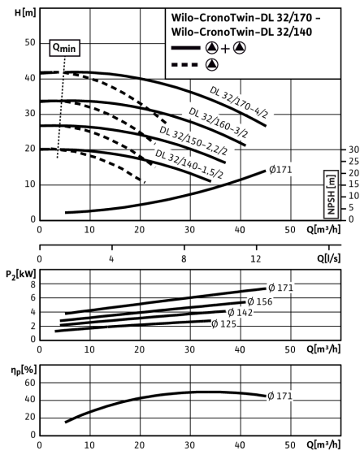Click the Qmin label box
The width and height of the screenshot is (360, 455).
click(64, 48)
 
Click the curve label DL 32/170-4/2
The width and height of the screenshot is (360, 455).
click(238, 102)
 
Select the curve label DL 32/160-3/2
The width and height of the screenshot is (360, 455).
click(219, 123)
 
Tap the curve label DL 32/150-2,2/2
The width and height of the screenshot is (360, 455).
click(193, 141)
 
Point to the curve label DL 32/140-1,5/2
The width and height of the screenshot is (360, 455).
click(189, 163)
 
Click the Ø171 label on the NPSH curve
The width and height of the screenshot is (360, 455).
click(280, 170)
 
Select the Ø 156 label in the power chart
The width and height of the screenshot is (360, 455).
click(260, 301)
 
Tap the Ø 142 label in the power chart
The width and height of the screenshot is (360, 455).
click(240, 313)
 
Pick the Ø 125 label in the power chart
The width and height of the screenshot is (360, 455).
click(223, 323)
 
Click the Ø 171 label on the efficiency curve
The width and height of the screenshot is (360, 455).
click(280, 396)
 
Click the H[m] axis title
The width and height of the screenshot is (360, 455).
click(25, 13)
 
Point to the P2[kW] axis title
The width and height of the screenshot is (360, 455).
click(21, 275)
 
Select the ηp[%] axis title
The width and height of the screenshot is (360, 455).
click(24, 370)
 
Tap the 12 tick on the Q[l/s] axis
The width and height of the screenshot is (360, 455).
click(256, 258)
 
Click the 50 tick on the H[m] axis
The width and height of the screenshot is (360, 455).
click(29, 42)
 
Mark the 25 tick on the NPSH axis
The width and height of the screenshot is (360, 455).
click(353, 161)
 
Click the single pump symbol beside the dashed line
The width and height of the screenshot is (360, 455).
click(212, 64)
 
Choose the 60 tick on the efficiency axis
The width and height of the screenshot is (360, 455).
click(29, 383)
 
